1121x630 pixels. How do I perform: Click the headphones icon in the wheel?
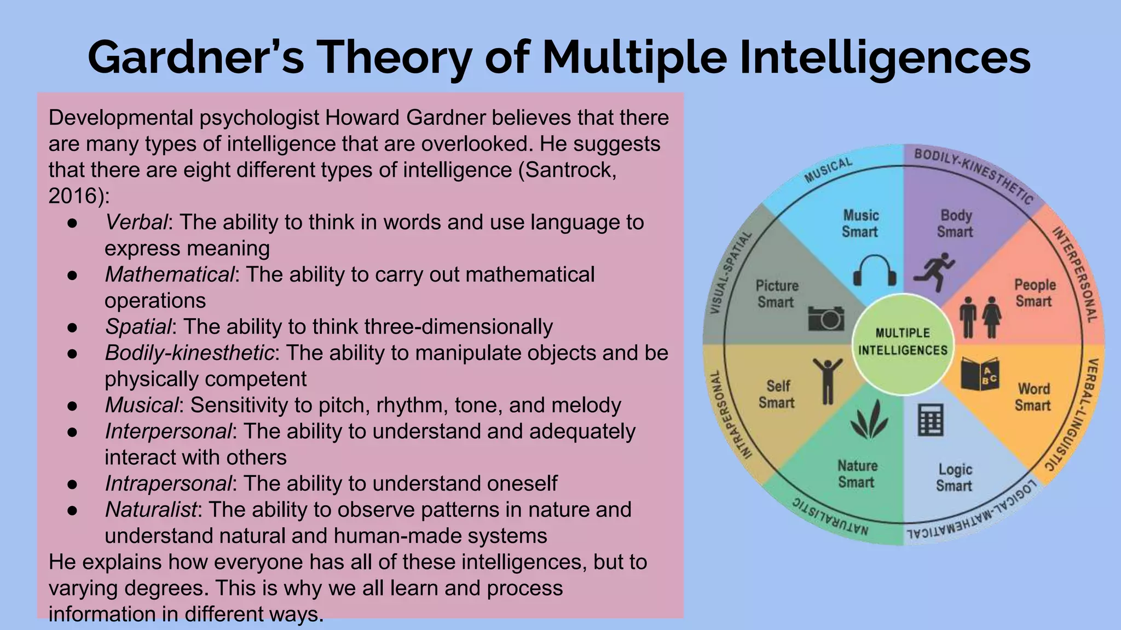click(x=875, y=270)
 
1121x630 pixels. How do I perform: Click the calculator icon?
click(x=930, y=419)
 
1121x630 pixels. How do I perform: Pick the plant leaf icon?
click(x=869, y=419)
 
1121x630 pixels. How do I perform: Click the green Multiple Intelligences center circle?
click(x=903, y=342)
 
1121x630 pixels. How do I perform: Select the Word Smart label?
click(x=1033, y=397)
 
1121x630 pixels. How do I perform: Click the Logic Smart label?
click(x=955, y=477)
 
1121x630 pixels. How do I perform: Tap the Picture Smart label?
click(x=776, y=294)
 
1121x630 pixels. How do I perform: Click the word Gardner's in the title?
click(x=195, y=58)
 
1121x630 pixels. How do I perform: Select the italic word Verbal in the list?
click(x=136, y=222)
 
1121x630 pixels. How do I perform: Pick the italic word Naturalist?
click(x=151, y=510)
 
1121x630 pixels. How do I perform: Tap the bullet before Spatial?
click(x=72, y=327)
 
